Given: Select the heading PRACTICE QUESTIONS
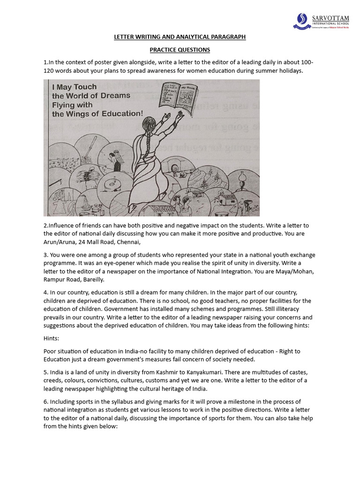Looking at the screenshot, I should pyautogui.click(x=180, y=50).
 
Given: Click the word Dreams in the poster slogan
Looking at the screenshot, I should pyautogui.click(x=113, y=96).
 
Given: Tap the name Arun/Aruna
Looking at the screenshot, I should pyautogui.click(x=63, y=242).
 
